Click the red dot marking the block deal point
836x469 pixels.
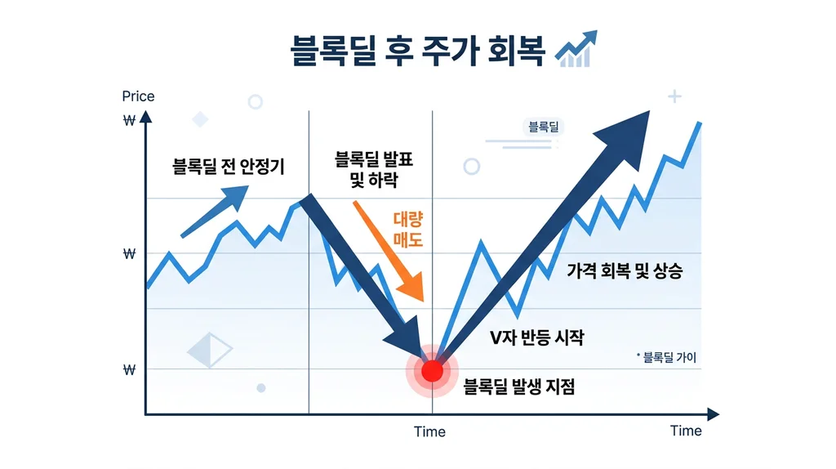pos(432,372)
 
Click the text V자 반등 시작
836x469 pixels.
pos(536,337)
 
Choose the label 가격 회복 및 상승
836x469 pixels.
pos(625,272)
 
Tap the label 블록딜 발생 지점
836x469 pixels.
pos(519,387)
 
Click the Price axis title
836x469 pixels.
pos(138,96)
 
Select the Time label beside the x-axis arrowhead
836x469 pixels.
pos(686,431)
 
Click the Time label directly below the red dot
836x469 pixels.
pos(429,431)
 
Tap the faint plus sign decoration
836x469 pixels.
pos(674,97)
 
